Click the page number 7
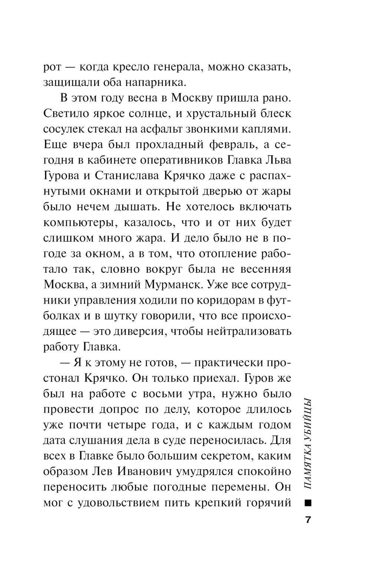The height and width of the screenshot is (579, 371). pyautogui.click(x=308, y=520)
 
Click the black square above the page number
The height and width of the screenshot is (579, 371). pyautogui.click(x=308, y=503)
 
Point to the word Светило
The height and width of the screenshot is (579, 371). pyautogui.click(x=69, y=114)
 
